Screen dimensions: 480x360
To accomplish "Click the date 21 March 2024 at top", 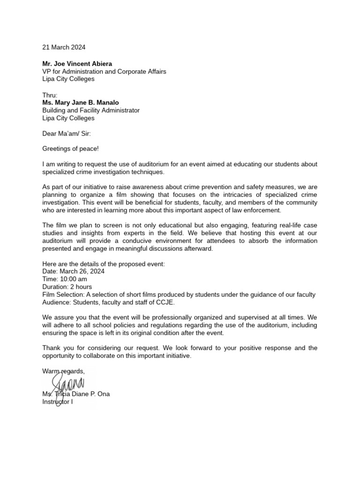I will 64,47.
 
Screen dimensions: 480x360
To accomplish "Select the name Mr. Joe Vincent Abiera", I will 77,63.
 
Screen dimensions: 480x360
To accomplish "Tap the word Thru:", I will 50,95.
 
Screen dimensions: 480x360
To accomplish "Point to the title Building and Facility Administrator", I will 91,111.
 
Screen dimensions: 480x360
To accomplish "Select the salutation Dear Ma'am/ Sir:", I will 67,134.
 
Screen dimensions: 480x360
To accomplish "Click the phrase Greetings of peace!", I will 71,149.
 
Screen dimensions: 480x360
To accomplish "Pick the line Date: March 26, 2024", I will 73,271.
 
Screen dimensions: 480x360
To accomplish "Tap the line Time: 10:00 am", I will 65,279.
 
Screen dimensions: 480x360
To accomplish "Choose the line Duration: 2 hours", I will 67,286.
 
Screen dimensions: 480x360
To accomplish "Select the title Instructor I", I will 58,402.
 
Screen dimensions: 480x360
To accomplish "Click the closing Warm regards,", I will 63,371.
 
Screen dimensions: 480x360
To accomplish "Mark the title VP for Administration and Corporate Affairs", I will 104,71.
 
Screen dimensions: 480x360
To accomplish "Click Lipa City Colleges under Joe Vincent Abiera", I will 68,79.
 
